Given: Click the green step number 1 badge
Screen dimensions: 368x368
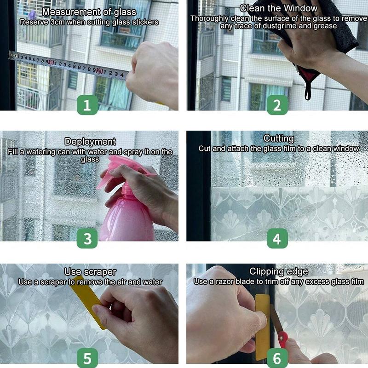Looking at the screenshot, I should pyautogui.click(x=87, y=104).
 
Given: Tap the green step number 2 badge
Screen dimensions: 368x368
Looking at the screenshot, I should pyautogui.click(x=277, y=105).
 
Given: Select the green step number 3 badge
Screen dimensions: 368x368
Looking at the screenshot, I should pyautogui.click(x=87, y=238).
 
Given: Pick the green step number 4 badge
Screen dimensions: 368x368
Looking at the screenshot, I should pyautogui.click(x=277, y=238).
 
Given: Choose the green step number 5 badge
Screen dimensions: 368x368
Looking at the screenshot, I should pyautogui.click(x=87, y=357).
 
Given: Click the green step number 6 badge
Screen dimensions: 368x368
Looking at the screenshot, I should pyautogui.click(x=277, y=357).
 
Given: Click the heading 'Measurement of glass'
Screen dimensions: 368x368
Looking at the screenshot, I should pyautogui.click(x=89, y=12).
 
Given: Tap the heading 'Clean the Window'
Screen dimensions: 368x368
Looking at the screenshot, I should pyautogui.click(x=279, y=8).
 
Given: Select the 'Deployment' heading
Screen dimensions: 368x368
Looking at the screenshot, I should pyautogui.click(x=90, y=142).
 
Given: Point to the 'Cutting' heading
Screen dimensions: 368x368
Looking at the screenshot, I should pyautogui.click(x=279, y=138).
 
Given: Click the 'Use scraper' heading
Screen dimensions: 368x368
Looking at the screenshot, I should pyautogui.click(x=90, y=272).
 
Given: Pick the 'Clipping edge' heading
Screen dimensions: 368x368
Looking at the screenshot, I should pyautogui.click(x=279, y=271).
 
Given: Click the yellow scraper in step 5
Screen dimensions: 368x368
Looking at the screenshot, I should pyautogui.click(x=90, y=304).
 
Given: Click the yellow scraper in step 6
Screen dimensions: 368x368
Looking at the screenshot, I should pyautogui.click(x=262, y=327).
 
